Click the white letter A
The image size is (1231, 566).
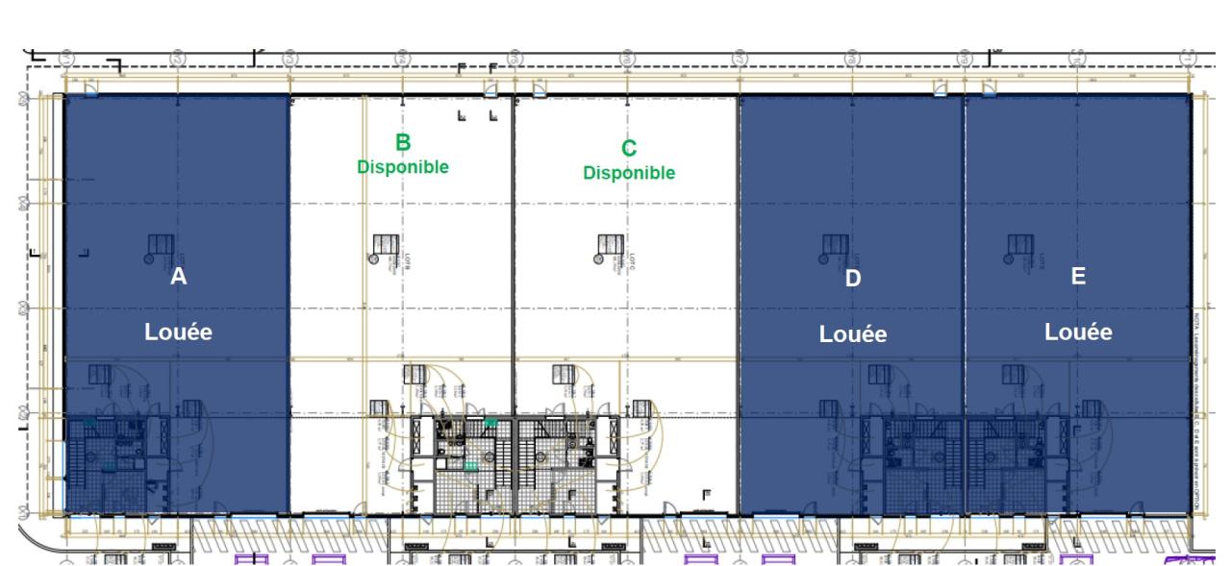pos(178,277)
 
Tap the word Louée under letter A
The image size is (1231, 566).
pos(178,332)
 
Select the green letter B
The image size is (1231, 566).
pos(403,142)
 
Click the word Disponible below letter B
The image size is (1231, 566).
pos(403,166)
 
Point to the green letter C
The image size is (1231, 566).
pos(629,148)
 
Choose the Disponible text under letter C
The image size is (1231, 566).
pos(629,173)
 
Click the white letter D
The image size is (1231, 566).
pos(853,279)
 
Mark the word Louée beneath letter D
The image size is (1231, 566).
pos(853,334)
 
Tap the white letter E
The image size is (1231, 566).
pos(1078,277)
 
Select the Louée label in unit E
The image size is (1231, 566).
pos(1078,332)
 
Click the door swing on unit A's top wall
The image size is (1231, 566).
pos(89,89)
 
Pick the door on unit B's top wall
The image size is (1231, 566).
pos(491,89)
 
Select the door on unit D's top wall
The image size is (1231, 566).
pos(941,89)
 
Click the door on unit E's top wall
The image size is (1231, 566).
pos(988,89)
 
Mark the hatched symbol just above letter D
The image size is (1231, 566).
pos(835,246)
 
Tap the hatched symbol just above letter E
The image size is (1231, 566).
pos(1019,246)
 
